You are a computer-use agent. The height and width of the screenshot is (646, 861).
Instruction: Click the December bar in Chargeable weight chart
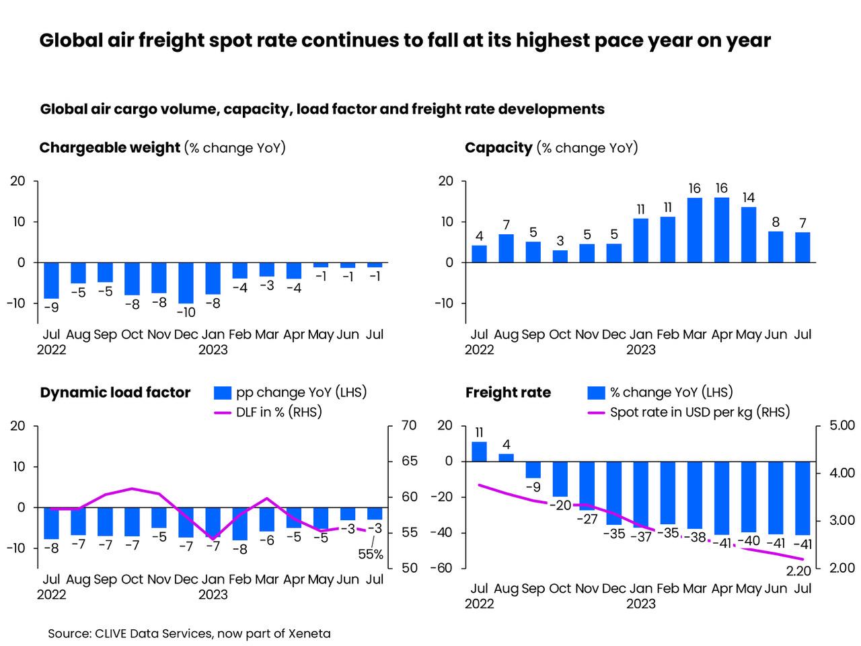point(186,283)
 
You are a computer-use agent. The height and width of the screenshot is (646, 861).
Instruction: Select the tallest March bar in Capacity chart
point(695,229)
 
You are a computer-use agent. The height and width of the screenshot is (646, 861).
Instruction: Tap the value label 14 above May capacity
point(748,198)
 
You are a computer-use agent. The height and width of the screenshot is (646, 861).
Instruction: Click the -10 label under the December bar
point(186,313)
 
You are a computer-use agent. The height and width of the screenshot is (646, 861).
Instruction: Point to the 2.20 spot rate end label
point(798,571)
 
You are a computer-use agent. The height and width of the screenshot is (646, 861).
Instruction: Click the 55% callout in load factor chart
point(371,554)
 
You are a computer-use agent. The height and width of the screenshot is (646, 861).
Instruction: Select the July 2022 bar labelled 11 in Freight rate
point(479,452)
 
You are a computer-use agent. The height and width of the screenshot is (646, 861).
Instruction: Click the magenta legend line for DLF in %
point(222,412)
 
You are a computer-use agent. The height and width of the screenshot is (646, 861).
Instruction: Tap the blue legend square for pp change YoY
point(223,393)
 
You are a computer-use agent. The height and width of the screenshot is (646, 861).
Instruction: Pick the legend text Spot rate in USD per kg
point(700,412)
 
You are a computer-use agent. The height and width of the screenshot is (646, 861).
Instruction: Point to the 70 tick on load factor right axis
point(409,426)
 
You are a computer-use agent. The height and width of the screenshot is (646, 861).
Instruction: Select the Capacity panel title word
point(498,148)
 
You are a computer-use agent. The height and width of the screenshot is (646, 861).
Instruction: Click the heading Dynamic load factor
point(115,393)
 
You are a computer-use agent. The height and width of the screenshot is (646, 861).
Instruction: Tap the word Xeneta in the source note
point(309,633)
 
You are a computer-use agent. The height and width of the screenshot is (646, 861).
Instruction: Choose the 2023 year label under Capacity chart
point(640,350)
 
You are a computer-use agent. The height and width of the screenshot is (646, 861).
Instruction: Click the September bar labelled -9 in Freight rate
point(533,469)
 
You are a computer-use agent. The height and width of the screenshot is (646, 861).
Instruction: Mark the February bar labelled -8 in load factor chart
point(240,524)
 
